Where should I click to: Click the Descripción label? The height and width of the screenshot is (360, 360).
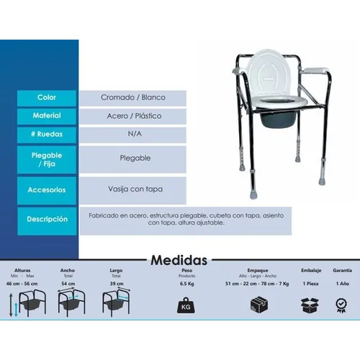47,218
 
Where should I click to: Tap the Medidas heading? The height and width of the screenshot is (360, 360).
179,260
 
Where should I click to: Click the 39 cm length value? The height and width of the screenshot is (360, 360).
116,284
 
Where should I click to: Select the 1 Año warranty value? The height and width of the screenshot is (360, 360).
343,284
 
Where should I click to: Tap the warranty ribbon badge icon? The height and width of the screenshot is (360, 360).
343,305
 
